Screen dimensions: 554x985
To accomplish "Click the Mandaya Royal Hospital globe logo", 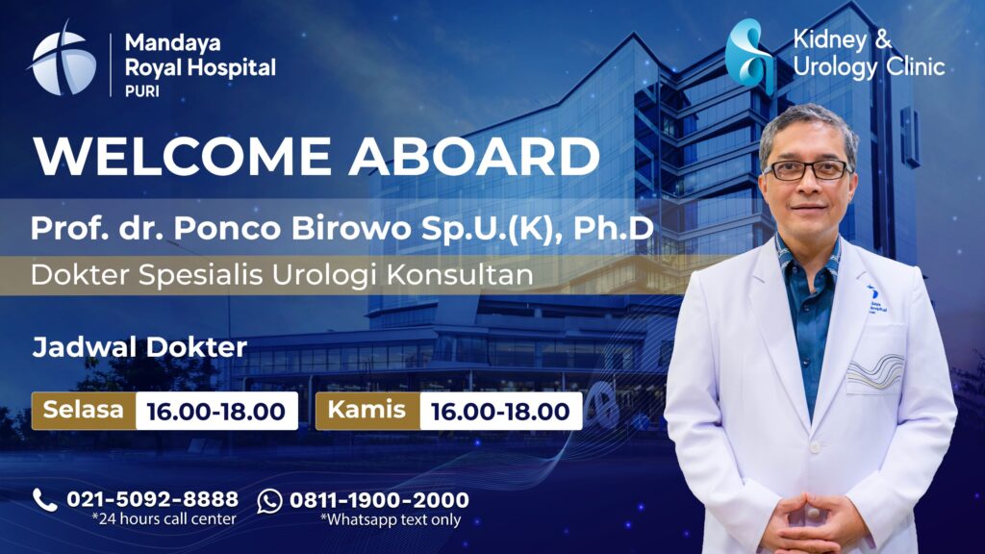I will pos(63,61).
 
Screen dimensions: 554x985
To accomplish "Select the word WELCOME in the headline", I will pos(183,157).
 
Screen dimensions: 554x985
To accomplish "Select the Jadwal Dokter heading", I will pos(139,347).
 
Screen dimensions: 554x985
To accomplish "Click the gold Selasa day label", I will pos(84,411).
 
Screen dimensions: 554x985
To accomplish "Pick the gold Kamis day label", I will pos(367,411).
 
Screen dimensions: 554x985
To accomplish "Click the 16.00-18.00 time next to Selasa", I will pos(215,412).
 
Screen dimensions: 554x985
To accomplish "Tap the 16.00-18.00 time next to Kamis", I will pos(500,412).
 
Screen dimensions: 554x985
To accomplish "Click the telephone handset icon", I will pos(44,499).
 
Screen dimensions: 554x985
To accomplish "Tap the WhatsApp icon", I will pos(270,500).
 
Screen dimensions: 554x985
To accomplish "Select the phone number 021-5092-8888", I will pos(152,499).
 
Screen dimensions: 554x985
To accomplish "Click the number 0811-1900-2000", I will pos(379,500).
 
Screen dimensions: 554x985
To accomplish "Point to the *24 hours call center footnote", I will pos(164,520).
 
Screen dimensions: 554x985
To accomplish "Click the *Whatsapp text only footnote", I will pos(391,520).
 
